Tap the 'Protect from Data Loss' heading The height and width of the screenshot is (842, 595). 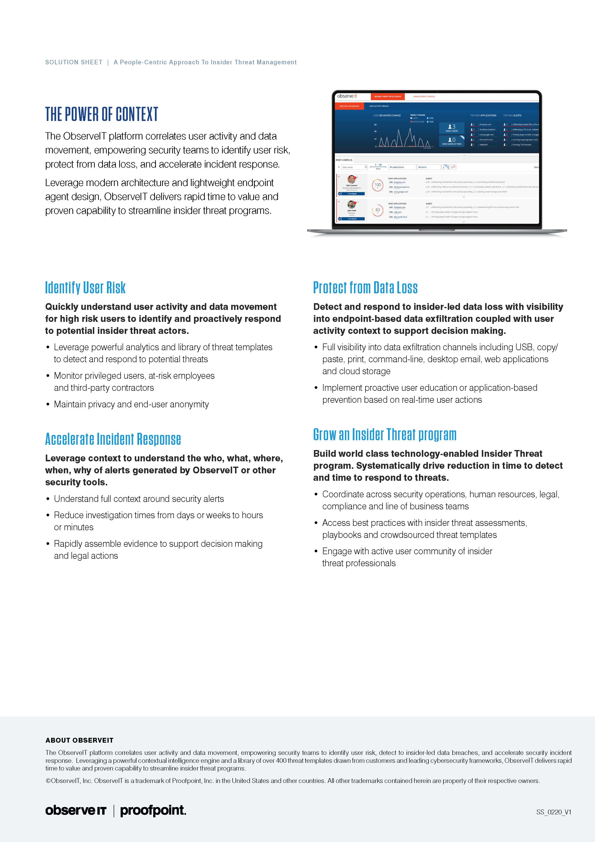(365, 288)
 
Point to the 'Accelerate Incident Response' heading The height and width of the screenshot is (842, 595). (113, 439)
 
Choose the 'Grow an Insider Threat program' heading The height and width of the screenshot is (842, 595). (385, 435)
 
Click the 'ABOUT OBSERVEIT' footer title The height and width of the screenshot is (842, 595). (79, 740)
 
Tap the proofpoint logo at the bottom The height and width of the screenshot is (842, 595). (153, 810)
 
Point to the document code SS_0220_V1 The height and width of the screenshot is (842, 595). (554, 812)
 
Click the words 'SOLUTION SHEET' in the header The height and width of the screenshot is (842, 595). (74, 62)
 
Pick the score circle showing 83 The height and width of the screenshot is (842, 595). (378, 210)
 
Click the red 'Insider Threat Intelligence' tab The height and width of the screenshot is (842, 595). (388, 96)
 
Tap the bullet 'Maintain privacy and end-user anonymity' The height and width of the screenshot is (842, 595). (131, 404)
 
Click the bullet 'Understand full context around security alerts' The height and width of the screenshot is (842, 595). (139, 499)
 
